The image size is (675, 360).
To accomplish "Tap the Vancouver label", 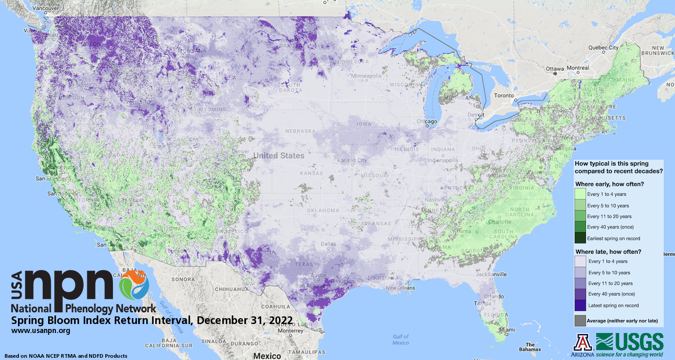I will [x=34, y=8].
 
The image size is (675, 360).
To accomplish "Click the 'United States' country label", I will [x=279, y=156].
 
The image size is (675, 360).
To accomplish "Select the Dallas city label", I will [x=328, y=244].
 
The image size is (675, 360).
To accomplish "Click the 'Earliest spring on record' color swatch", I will [x=580, y=238].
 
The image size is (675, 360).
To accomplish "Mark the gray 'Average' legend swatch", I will [x=580, y=320].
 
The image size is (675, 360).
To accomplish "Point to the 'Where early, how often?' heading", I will [x=609, y=184].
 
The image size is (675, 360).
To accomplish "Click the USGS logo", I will [x=630, y=344].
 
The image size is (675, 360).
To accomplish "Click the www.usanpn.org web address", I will [x=40, y=331].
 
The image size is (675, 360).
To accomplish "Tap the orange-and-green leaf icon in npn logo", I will [x=134, y=285].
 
